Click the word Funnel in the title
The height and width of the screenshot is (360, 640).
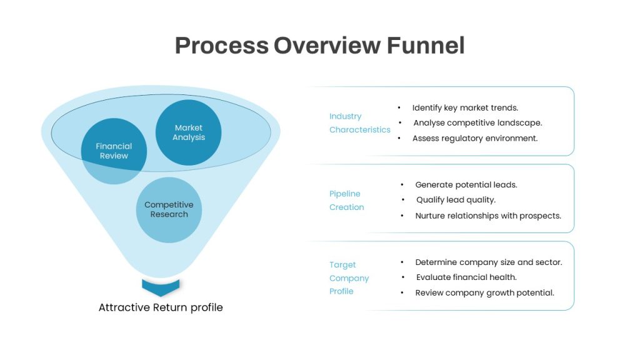[426, 45]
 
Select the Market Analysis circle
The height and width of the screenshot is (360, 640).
[189, 132]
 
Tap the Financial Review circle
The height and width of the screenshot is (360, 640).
[114, 151]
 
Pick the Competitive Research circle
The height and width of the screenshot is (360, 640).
[169, 210]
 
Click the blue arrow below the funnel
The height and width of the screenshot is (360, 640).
[161, 287]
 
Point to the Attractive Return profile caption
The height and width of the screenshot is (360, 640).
[161, 307]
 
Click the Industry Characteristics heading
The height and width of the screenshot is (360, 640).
[359, 123]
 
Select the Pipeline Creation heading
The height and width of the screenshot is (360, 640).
[346, 201]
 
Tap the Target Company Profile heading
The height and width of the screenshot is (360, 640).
[349, 278]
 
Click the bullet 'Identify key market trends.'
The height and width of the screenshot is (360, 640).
[465, 107]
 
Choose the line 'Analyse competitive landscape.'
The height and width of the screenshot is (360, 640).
[477, 123]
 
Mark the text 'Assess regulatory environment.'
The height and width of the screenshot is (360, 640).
[475, 138]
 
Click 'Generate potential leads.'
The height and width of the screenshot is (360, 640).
[466, 185]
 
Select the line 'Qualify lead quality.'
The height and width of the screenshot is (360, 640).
[456, 200]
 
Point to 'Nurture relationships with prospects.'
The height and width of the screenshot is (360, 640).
[488, 216]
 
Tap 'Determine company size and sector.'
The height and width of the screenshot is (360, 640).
[489, 262]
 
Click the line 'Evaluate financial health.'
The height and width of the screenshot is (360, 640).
[466, 277]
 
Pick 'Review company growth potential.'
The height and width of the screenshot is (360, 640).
[484, 293]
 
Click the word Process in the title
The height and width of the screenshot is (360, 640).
[222, 45]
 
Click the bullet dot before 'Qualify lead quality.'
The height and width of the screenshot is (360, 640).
[403, 200]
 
